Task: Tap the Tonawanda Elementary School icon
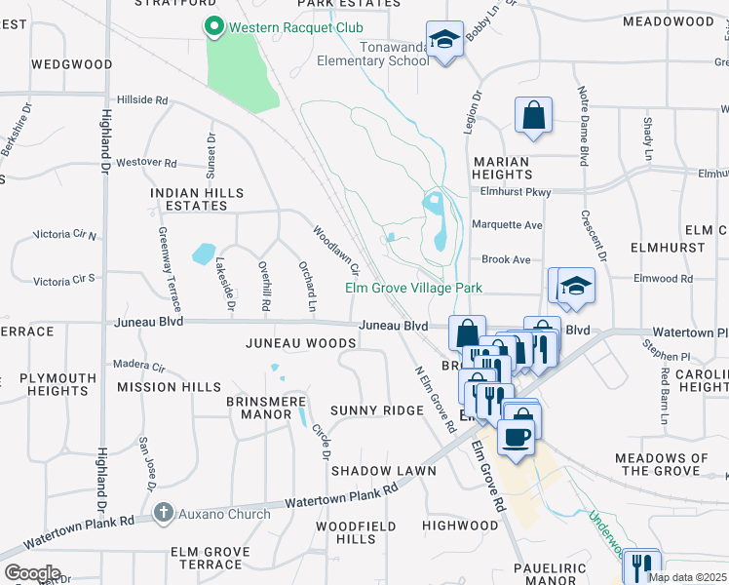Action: pyautogui.click(x=445, y=41)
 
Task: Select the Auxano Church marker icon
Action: pyautogui.click(x=164, y=511)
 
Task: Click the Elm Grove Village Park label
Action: pyautogui.click(x=414, y=289)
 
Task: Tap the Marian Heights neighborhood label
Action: pyautogui.click(x=502, y=169)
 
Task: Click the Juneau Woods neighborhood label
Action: pyautogui.click(x=300, y=343)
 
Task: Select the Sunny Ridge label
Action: pyautogui.click(x=376, y=410)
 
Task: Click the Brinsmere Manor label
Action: pyautogui.click(x=258, y=408)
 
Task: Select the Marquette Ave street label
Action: pyautogui.click(x=507, y=225)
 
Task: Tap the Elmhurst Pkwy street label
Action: pyautogui.click(x=516, y=192)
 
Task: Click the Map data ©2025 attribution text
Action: pyautogui.click(x=687, y=577)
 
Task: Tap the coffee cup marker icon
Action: pyautogui.click(x=516, y=435)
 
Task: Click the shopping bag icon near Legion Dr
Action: pyautogui.click(x=534, y=116)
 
